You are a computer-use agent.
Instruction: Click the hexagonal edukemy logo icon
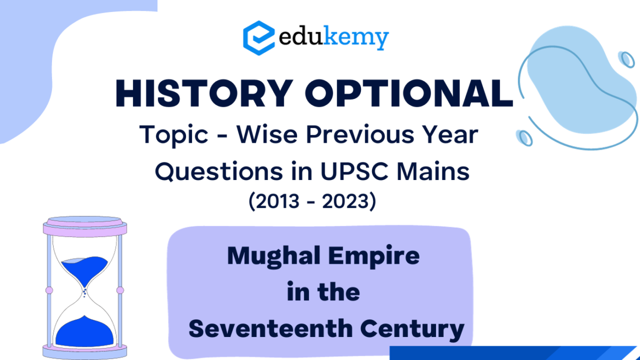pos(259,38)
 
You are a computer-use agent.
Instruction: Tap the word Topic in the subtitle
pos(174,135)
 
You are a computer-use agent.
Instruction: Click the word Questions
pos(219,171)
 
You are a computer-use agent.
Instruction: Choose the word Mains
pos(433,171)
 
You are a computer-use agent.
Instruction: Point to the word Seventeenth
pos(270,329)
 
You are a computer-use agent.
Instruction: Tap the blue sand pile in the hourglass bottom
pos(84,332)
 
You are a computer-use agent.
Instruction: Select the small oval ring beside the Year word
pos(525,138)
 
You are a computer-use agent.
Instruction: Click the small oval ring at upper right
pos(626,60)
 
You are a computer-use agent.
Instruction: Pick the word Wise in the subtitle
pos(267,134)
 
